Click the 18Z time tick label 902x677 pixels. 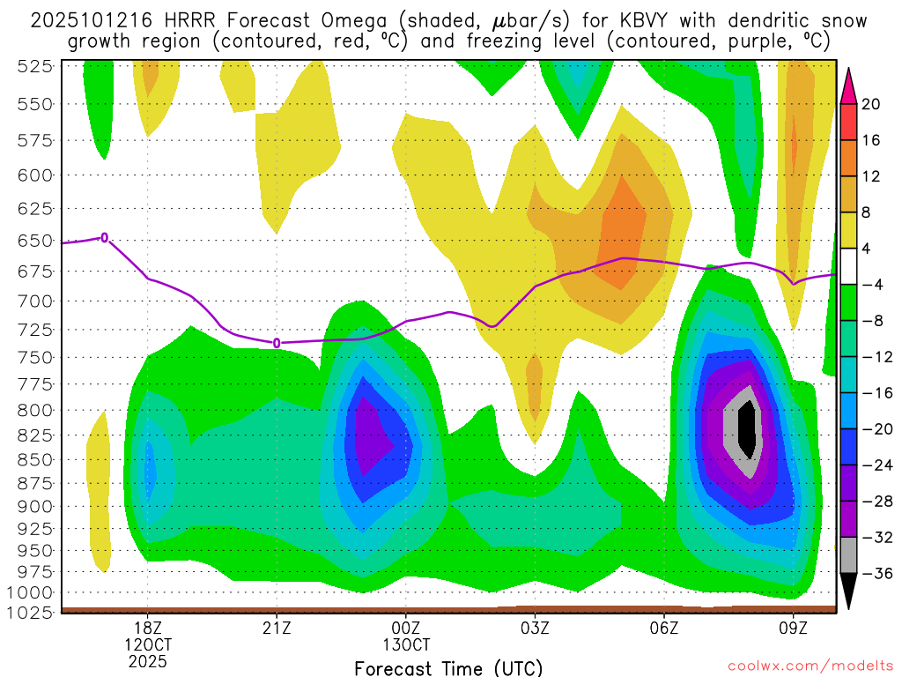coord(148,629)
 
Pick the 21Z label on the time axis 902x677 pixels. coord(277,629)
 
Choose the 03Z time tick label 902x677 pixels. coord(535,629)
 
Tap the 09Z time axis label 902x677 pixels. coord(793,629)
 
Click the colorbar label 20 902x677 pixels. coord(871,104)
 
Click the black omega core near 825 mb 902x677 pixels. coord(748,427)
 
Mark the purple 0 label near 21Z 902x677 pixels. coord(277,342)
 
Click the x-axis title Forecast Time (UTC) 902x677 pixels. coord(448,667)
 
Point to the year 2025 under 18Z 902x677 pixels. coord(148,660)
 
